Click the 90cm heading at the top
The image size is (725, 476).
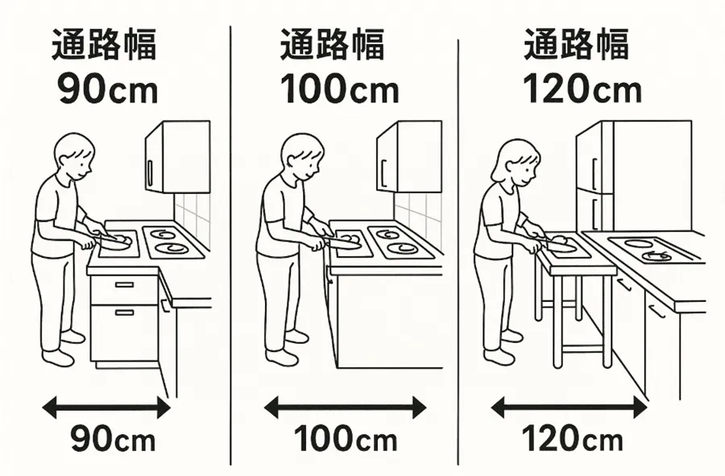[x=108, y=89]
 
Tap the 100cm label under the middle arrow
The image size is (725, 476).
[x=346, y=439]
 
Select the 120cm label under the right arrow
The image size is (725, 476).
[x=572, y=438]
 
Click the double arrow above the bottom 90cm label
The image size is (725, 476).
[x=106, y=408]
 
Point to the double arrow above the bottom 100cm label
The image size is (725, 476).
[x=345, y=408]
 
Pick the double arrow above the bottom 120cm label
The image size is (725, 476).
[x=569, y=408]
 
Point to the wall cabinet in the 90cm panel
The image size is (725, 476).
[x=177, y=157]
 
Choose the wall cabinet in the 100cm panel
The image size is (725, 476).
[x=409, y=157]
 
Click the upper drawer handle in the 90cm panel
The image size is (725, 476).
[x=124, y=284]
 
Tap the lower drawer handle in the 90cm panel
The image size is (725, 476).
[x=124, y=313]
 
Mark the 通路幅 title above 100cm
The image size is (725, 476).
[x=332, y=44]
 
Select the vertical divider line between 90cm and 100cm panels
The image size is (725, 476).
[x=230, y=245]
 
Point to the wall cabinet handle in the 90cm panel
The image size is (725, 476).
[x=149, y=172]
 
